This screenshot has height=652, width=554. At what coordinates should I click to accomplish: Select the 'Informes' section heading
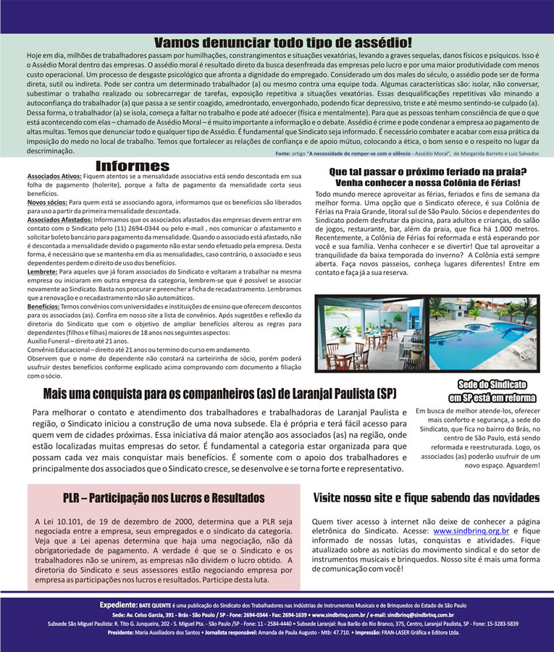pyautogui.click(x=133, y=166)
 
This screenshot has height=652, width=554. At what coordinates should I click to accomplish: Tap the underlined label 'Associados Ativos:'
pyautogui.click(x=51, y=177)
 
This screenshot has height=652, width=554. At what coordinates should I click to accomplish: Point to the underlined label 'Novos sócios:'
pyautogui.click(x=47, y=203)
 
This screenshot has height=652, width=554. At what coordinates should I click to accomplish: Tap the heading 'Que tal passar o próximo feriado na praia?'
pyautogui.click(x=427, y=172)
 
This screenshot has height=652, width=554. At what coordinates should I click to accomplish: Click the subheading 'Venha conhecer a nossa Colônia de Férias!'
pyautogui.click(x=427, y=183)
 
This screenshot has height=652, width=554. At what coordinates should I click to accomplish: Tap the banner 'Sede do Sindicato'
pyautogui.click(x=492, y=384)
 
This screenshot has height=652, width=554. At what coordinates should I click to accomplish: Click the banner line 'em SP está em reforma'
pyautogui.click(x=492, y=398)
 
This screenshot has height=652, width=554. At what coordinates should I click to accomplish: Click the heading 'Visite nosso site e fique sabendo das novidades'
pyautogui.click(x=426, y=499)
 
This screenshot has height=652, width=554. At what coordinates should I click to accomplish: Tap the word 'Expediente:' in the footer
pyautogui.click(x=119, y=604)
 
